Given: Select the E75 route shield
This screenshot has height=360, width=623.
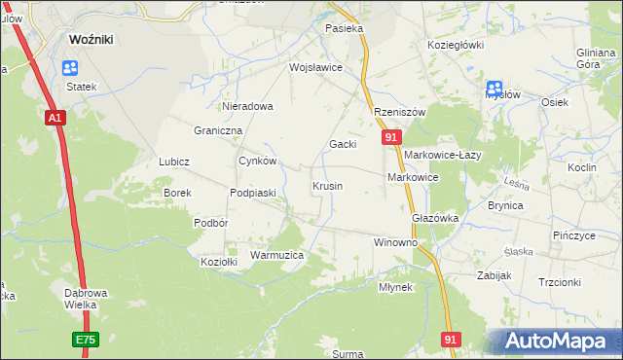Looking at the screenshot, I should (85, 339).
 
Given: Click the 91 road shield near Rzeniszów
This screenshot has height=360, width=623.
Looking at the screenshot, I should (389, 138).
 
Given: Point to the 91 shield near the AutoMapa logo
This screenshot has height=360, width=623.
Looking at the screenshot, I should (450, 339).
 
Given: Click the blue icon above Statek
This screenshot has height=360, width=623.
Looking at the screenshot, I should (70, 68).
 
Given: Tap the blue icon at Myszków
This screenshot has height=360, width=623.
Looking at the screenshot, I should (494, 88).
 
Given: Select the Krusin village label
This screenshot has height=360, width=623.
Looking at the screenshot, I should (327, 185).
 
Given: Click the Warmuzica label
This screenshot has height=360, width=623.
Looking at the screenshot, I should (277, 255).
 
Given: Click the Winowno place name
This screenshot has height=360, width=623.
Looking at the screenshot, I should (395, 241).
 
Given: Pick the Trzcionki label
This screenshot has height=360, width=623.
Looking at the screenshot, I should (559, 282).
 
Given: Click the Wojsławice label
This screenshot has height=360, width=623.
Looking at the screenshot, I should (315, 68).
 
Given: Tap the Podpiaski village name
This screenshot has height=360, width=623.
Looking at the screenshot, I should (253, 193).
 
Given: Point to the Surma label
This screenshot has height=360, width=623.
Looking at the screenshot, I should (348, 354).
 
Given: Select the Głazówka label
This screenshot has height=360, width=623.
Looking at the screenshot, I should (435, 219).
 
